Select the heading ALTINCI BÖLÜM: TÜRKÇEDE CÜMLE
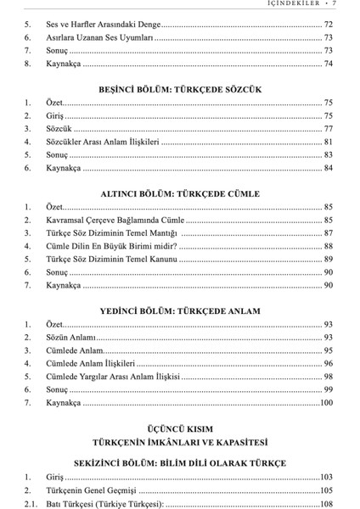click(179, 194)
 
